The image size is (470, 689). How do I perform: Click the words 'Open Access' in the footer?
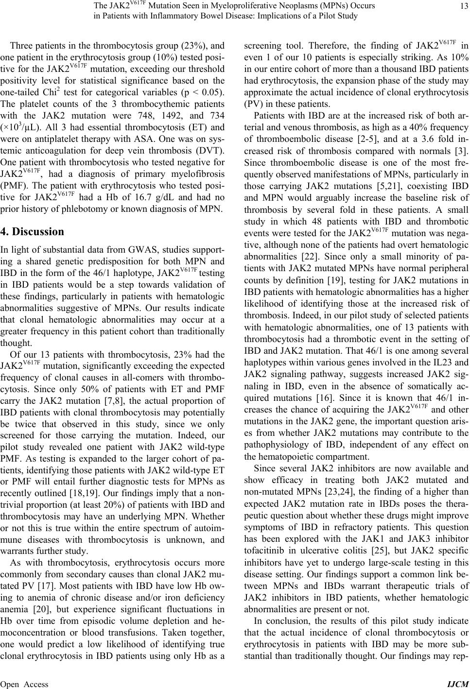pyautogui.click(x=24, y=684)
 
